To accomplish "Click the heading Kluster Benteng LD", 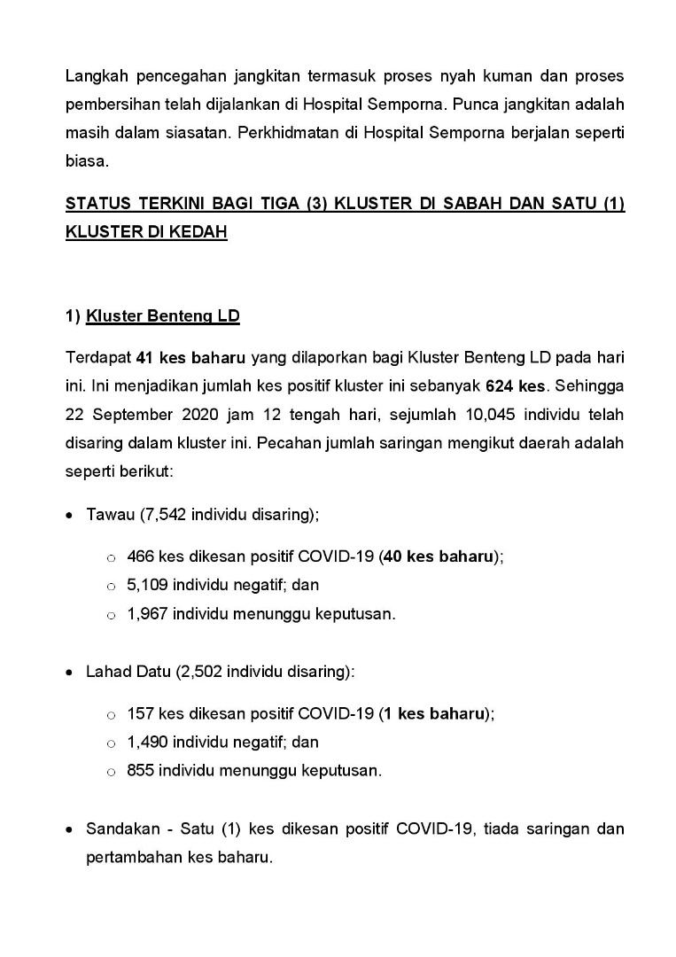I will click(163, 316).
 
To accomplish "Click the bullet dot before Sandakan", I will click(70, 830).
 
